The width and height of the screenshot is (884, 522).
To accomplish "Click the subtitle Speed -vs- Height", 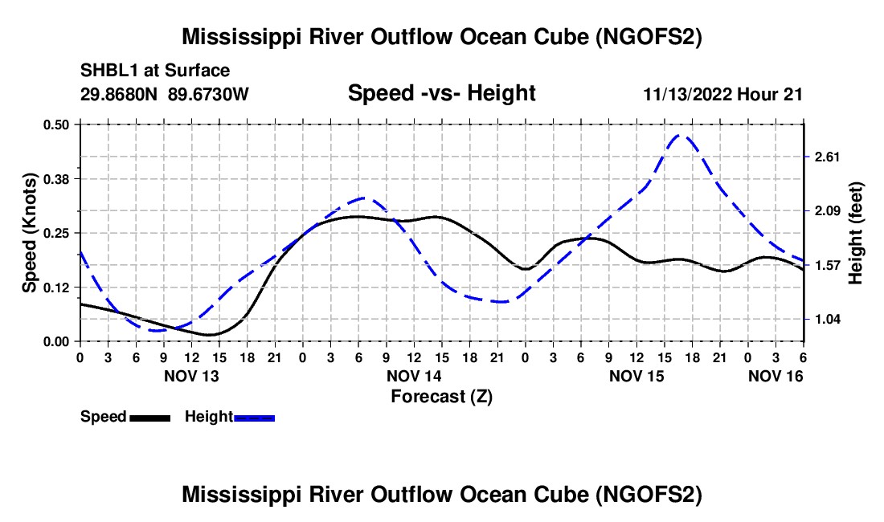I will [441, 93].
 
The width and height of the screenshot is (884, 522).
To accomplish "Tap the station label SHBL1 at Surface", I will [155, 71].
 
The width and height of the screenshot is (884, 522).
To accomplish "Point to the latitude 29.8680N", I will [121, 94].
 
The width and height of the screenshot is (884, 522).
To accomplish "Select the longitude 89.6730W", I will [209, 94].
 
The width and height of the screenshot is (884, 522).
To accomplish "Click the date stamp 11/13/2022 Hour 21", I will [722, 94].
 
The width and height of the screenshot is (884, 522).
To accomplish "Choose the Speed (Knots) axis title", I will [30, 233].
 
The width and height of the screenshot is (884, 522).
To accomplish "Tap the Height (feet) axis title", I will [856, 233].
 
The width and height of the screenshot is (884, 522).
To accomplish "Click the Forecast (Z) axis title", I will [441, 396].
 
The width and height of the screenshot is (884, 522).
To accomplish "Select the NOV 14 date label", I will [414, 376].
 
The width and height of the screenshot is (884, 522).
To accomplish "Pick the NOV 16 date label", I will [776, 376].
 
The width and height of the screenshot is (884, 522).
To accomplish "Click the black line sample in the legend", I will [149, 418].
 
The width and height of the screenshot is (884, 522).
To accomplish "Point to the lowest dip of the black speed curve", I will [210, 334].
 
